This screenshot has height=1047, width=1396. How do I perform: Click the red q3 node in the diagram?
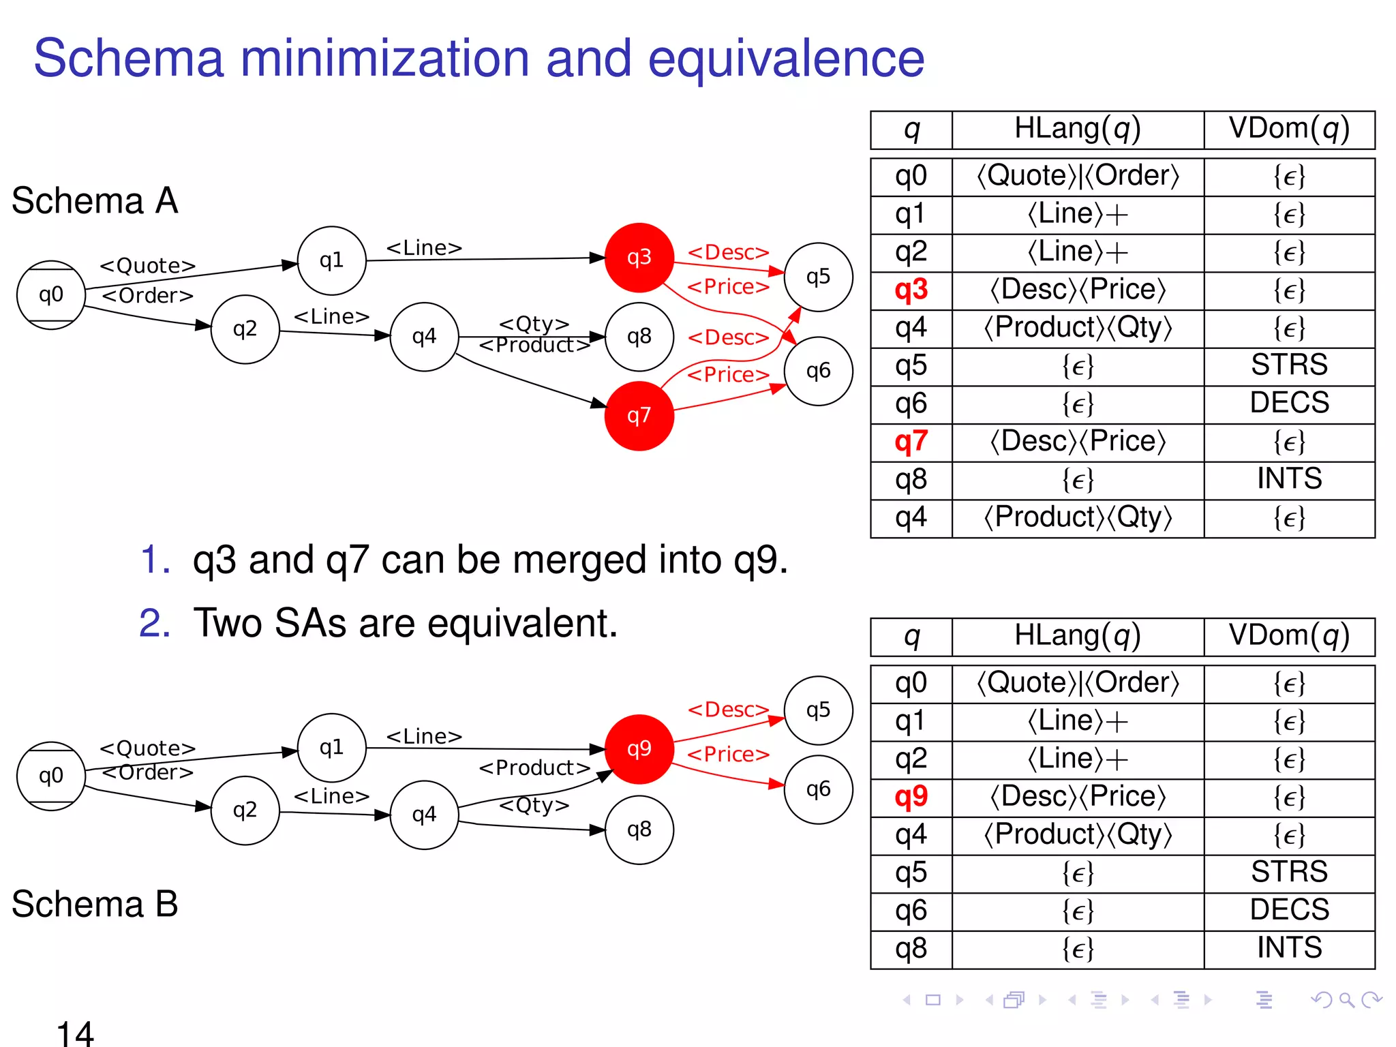coord(639,258)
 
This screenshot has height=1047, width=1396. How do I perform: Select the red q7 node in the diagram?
coord(639,416)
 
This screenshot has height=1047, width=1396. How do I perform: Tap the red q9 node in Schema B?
coord(639,749)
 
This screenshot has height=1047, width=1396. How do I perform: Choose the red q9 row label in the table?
coord(911,797)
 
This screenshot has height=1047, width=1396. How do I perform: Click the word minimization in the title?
coord(384,59)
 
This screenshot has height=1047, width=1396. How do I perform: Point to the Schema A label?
coord(95,201)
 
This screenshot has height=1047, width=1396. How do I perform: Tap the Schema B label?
coord(95,905)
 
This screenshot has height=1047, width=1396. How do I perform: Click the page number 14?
coord(75,1033)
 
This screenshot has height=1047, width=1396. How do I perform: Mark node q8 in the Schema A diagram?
coord(639,337)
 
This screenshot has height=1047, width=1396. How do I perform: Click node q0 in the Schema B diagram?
coord(51,776)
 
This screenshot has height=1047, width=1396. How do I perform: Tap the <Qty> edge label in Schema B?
coord(534,806)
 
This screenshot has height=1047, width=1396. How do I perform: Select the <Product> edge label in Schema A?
coord(534,346)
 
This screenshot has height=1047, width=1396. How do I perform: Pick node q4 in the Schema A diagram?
coord(424,337)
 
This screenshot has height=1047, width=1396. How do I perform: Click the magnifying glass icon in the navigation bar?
coord(1346,1000)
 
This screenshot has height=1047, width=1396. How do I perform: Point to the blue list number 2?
coord(154,623)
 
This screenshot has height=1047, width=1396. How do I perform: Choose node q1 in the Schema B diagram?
coord(331,748)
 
